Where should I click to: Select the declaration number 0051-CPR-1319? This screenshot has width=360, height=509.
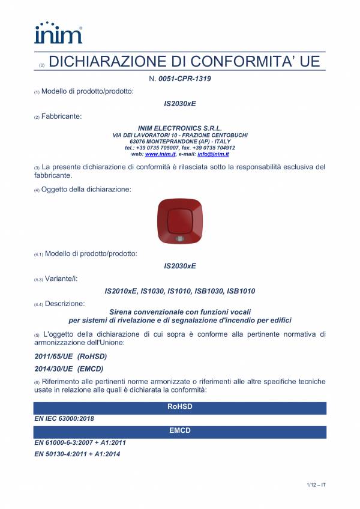pos(184,79)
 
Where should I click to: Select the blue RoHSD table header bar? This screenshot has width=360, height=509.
pos(180,407)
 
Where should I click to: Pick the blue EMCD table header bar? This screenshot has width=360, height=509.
pos(180,431)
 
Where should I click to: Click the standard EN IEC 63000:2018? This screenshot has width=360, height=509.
pos(64,418)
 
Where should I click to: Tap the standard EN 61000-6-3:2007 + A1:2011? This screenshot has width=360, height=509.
pos(80,442)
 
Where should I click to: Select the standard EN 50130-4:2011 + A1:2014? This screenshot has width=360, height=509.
pos(77,454)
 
